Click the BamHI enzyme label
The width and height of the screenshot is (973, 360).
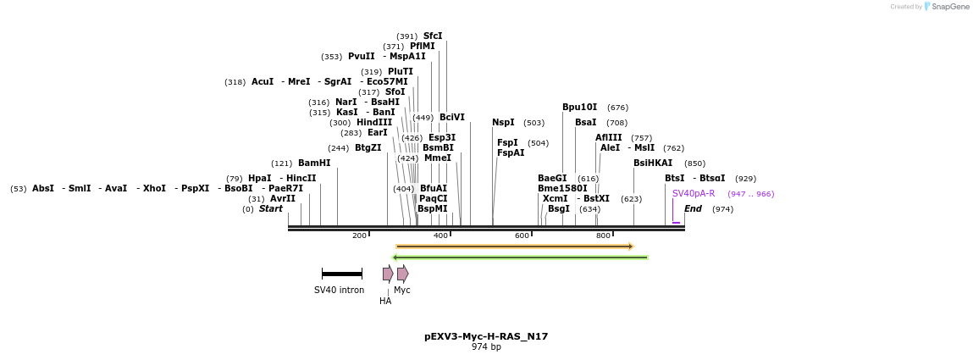pyautogui.click(x=314, y=163)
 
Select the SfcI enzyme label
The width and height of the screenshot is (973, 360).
pyautogui.click(x=433, y=36)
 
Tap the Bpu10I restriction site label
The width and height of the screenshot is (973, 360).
pyautogui.click(x=579, y=108)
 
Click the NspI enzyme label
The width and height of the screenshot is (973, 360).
pyautogui.click(x=503, y=123)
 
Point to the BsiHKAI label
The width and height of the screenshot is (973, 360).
pyautogui.click(x=653, y=163)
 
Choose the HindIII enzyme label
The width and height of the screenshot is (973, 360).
pyautogui.click(x=374, y=122)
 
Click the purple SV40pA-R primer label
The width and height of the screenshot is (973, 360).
pyautogui.click(x=694, y=193)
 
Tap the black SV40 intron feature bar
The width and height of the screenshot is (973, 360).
pyautogui.click(x=342, y=274)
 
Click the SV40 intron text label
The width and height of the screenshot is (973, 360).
pyautogui.click(x=339, y=290)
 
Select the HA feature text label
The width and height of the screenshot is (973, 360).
pyautogui.click(x=385, y=301)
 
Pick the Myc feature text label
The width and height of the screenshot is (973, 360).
pyautogui.click(x=402, y=290)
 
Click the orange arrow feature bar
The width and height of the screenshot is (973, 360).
pyautogui.click(x=514, y=246)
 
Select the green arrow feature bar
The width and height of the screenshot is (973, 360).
pyautogui.click(x=520, y=258)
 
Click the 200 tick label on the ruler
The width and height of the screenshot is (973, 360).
pyautogui.click(x=359, y=235)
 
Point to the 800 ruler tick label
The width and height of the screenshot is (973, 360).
pyautogui.click(x=603, y=235)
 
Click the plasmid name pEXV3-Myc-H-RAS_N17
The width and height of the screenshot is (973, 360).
pyautogui.click(x=486, y=336)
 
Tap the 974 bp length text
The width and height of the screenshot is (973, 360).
pyautogui.click(x=486, y=346)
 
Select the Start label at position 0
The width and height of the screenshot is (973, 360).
pyautogui.click(x=271, y=208)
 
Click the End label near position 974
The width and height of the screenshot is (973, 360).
pyautogui.click(x=693, y=208)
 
